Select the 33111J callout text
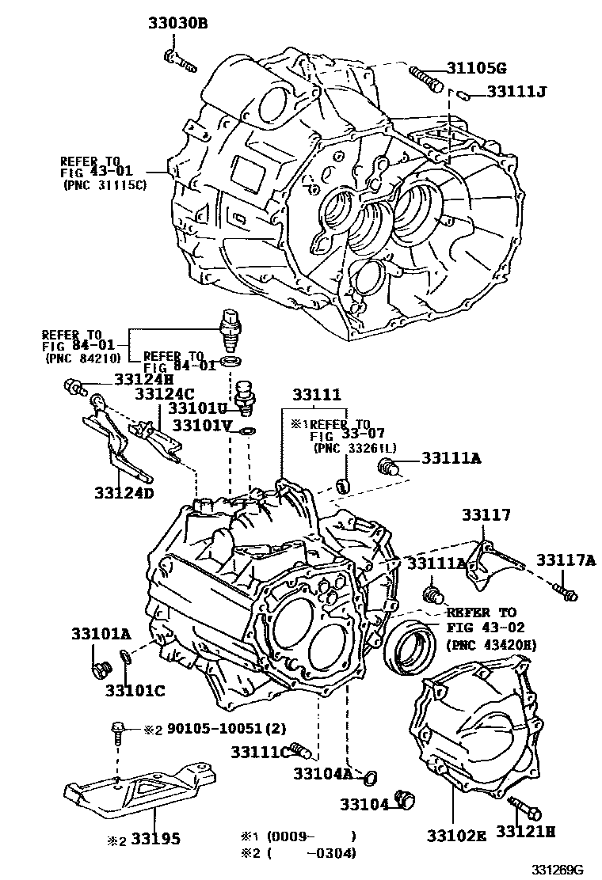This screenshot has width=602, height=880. pos(517,93)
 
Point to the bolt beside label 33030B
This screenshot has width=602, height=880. pos(180,60)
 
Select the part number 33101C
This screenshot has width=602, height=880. pos(135,690)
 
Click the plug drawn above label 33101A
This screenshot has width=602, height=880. pos(99,669)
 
